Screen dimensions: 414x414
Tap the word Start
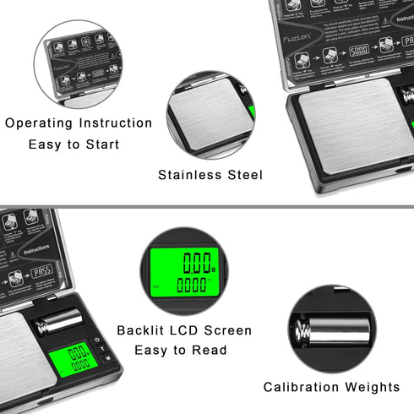coord(101,144)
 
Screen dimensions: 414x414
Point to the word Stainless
coord(191,176)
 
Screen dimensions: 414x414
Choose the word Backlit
coord(143,330)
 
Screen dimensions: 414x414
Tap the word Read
coord(208,351)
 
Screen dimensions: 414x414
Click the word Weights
coord(373,387)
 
